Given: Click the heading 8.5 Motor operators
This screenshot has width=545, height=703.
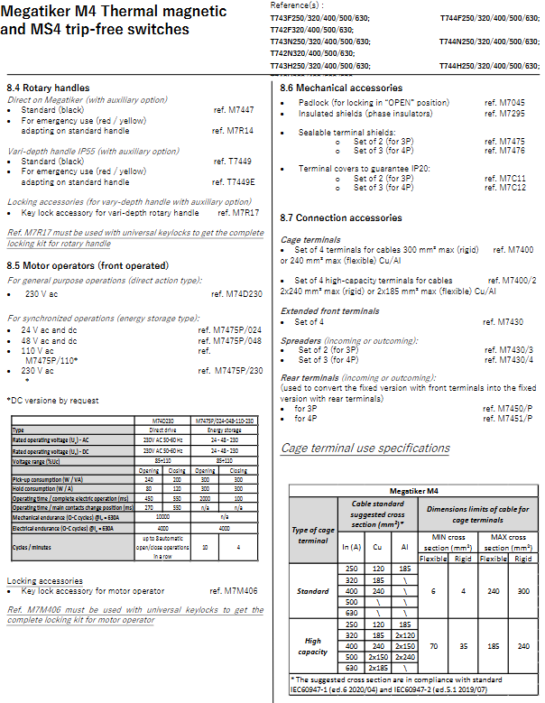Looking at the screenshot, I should click(88, 265).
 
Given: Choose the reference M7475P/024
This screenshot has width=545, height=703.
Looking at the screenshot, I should click(231, 330).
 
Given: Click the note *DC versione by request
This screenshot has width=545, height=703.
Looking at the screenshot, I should click(52, 400).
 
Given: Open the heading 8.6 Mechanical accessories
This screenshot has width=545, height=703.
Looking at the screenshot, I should click(340, 88).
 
